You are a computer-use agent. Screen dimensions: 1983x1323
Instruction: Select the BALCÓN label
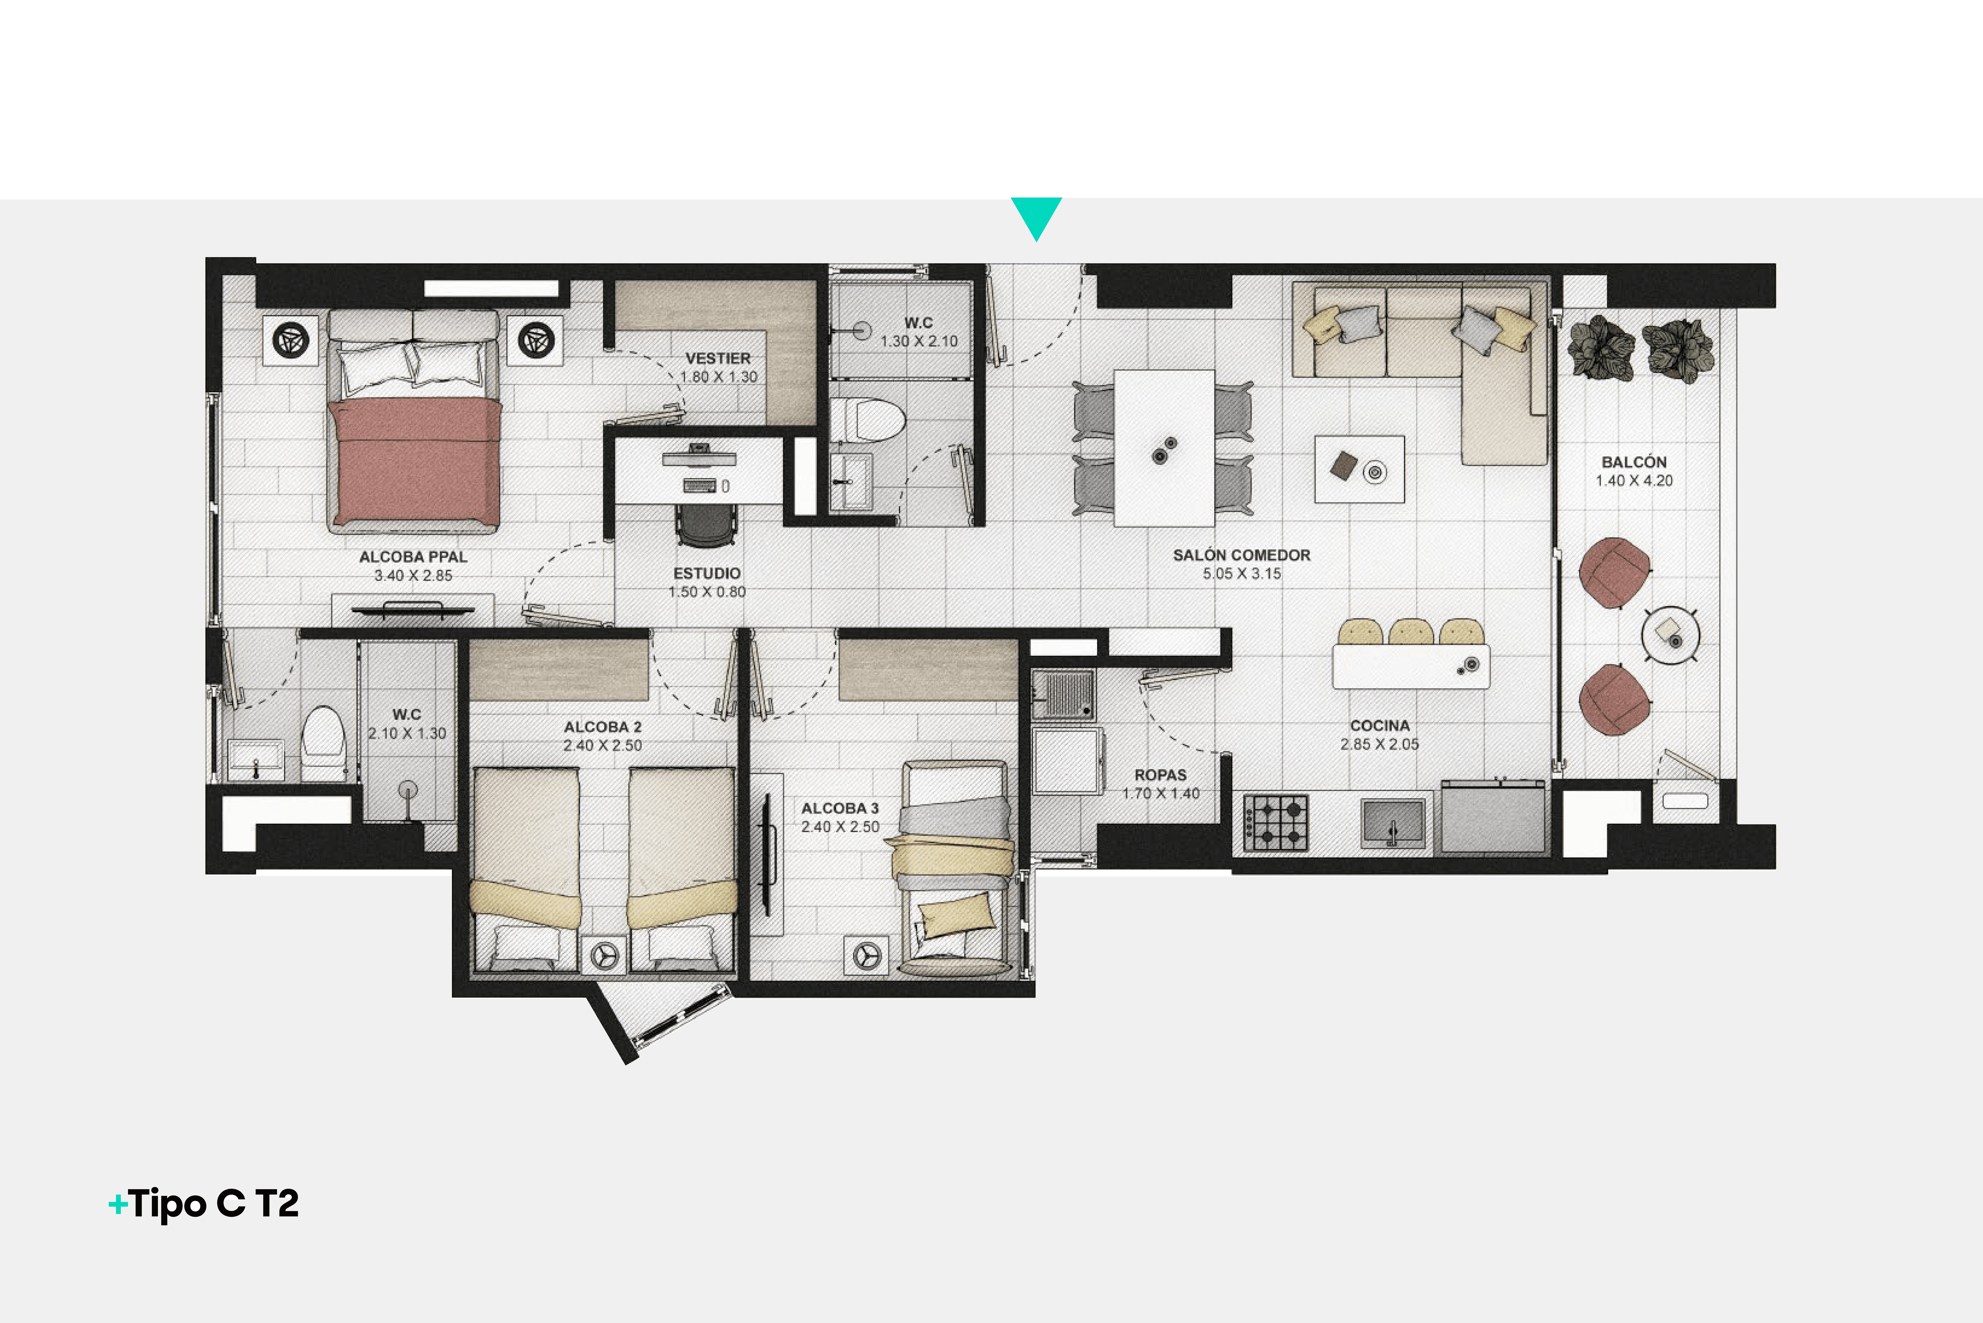click(x=1634, y=462)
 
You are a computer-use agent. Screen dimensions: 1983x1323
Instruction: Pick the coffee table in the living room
click(x=1359, y=469)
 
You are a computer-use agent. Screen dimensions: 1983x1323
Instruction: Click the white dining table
click(x=1164, y=448)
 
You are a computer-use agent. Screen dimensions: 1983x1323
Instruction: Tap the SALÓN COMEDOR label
click(x=1241, y=555)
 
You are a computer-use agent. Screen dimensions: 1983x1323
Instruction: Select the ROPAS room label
click(x=1160, y=775)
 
